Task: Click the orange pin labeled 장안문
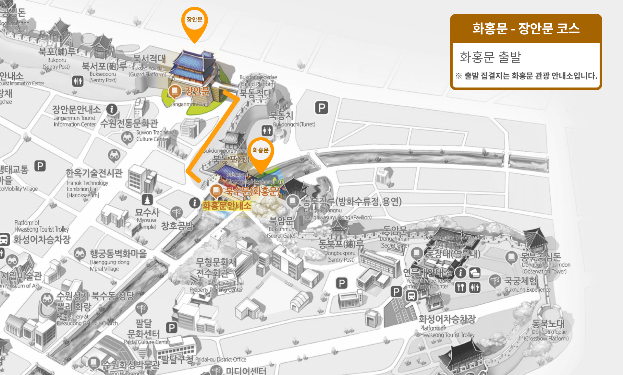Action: point(194,21)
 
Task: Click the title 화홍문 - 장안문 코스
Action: point(526,29)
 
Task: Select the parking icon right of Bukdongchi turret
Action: point(322,108)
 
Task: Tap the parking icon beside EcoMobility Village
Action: point(40,166)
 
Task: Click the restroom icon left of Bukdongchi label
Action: point(267,130)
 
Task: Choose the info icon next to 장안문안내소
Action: point(112,109)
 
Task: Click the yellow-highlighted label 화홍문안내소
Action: point(226,205)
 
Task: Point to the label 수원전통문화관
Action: point(129,123)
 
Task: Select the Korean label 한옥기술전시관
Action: point(94,173)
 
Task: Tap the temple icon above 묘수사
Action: point(147,200)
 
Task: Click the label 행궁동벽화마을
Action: point(118,253)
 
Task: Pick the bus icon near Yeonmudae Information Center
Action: point(411,296)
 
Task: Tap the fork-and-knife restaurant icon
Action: point(460,287)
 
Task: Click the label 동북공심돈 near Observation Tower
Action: point(541,257)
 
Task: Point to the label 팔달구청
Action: point(177,359)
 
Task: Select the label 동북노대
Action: point(548,323)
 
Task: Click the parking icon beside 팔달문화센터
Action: point(172,328)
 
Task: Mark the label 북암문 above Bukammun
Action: point(281,221)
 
